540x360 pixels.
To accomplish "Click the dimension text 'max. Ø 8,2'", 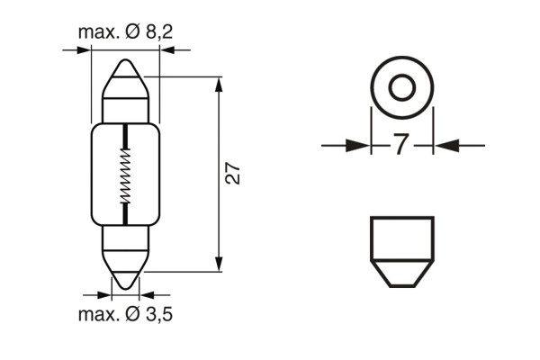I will click(125, 32).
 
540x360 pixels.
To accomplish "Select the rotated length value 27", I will click(232, 174).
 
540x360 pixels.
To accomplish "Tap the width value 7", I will click(402, 145).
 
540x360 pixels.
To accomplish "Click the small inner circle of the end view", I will click(402, 87).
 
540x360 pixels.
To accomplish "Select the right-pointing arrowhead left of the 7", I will click(359, 145).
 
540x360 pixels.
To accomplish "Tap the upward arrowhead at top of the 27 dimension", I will click(219, 85).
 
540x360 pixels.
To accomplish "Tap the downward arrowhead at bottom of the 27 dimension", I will click(219, 263).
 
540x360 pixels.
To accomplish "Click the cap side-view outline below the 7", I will click(402, 251).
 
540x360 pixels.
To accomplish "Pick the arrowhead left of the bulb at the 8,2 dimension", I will click(84, 49).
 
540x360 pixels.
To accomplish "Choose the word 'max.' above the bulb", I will click(98, 32).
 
